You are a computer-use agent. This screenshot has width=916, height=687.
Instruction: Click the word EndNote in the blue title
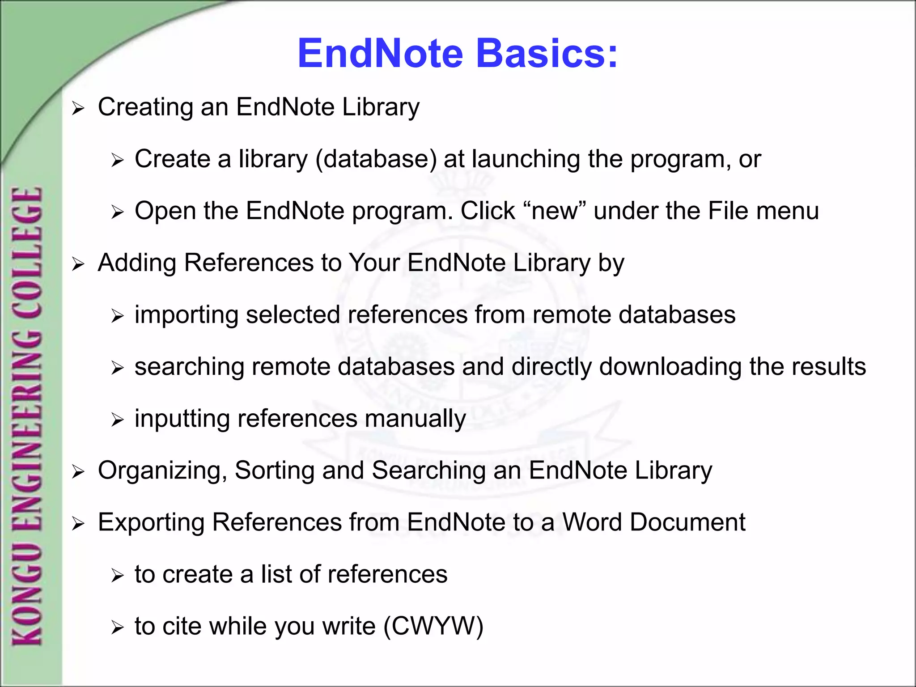pos(381,53)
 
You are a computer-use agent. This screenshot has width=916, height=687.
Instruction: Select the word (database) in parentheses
pos(376,159)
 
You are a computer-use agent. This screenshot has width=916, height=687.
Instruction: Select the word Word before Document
pos(592,522)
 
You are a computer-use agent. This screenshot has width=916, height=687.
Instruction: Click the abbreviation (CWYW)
pos(433,626)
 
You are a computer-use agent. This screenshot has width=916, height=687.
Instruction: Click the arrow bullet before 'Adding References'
pos(78,264)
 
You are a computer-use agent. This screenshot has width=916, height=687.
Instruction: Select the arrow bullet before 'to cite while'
pos(117,628)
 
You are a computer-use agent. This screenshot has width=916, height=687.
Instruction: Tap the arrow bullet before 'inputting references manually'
pos(117,420)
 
